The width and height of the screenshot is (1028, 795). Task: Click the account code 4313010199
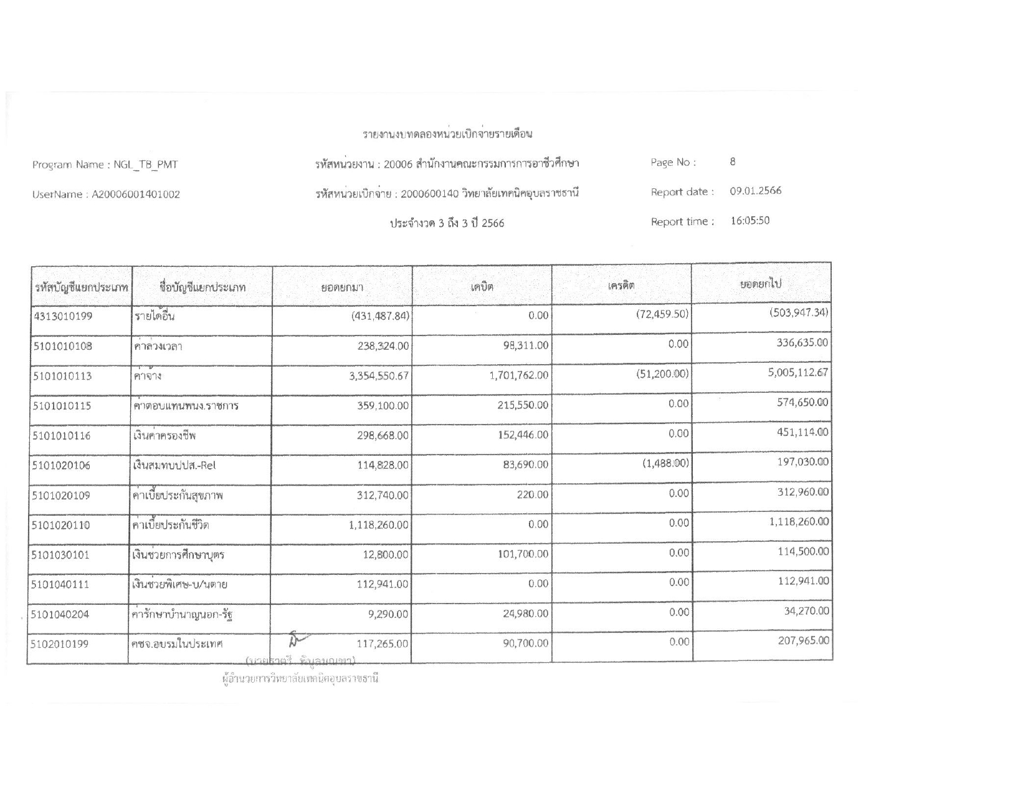point(62,316)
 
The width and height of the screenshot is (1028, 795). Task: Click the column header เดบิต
point(482,287)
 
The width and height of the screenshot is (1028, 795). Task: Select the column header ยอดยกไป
point(760,284)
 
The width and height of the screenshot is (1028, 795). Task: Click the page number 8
point(733,162)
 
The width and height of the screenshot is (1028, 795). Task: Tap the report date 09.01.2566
point(755,191)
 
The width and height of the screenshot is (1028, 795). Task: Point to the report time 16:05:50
point(750,221)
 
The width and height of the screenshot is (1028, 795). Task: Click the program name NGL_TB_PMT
point(145,165)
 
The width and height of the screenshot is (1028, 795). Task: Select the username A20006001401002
point(136,195)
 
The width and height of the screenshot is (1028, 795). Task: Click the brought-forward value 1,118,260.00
point(378,525)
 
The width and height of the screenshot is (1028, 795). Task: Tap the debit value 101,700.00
point(523,554)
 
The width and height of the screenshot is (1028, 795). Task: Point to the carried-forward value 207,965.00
point(803,640)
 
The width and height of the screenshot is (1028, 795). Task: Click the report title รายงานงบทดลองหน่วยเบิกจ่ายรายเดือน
point(447,134)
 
